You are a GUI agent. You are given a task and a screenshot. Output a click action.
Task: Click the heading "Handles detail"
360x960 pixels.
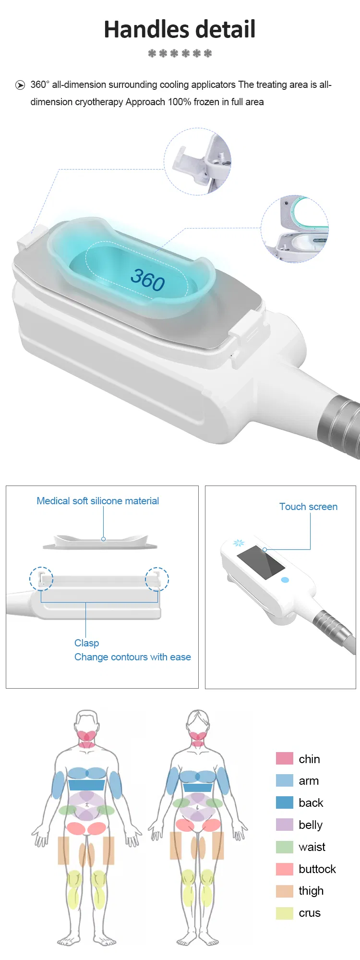point(180,29)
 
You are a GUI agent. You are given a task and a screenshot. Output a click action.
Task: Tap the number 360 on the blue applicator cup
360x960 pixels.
point(148,279)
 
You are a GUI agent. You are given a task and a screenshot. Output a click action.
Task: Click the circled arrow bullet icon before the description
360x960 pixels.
point(20,85)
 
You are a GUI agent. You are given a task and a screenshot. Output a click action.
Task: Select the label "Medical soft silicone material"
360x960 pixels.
point(97,501)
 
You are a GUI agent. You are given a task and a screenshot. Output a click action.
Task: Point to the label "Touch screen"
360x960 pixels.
point(308,507)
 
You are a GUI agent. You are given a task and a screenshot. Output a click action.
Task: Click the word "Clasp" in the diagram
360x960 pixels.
point(86,643)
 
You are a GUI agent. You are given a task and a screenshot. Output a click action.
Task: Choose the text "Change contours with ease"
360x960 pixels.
point(132,657)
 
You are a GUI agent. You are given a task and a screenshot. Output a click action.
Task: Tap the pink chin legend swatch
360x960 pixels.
point(285,758)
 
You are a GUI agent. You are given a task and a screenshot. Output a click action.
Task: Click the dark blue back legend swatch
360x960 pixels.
point(285,802)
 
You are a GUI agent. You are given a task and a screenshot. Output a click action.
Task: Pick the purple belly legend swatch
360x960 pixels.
point(285,825)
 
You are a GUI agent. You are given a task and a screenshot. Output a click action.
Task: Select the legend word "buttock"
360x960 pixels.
point(317,869)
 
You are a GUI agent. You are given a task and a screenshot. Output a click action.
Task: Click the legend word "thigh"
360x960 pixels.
point(311,891)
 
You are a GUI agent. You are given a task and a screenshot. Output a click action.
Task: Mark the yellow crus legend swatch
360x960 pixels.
point(285,913)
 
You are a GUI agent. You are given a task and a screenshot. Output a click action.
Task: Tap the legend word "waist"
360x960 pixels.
point(312,847)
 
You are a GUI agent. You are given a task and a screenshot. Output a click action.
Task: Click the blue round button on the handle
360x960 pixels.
point(285,580)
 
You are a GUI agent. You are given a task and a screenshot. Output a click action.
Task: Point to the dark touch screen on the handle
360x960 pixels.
point(261,562)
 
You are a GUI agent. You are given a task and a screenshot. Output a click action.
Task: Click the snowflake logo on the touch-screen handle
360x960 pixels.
point(239,543)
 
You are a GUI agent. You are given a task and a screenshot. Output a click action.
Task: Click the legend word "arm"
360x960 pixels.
point(309,781)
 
